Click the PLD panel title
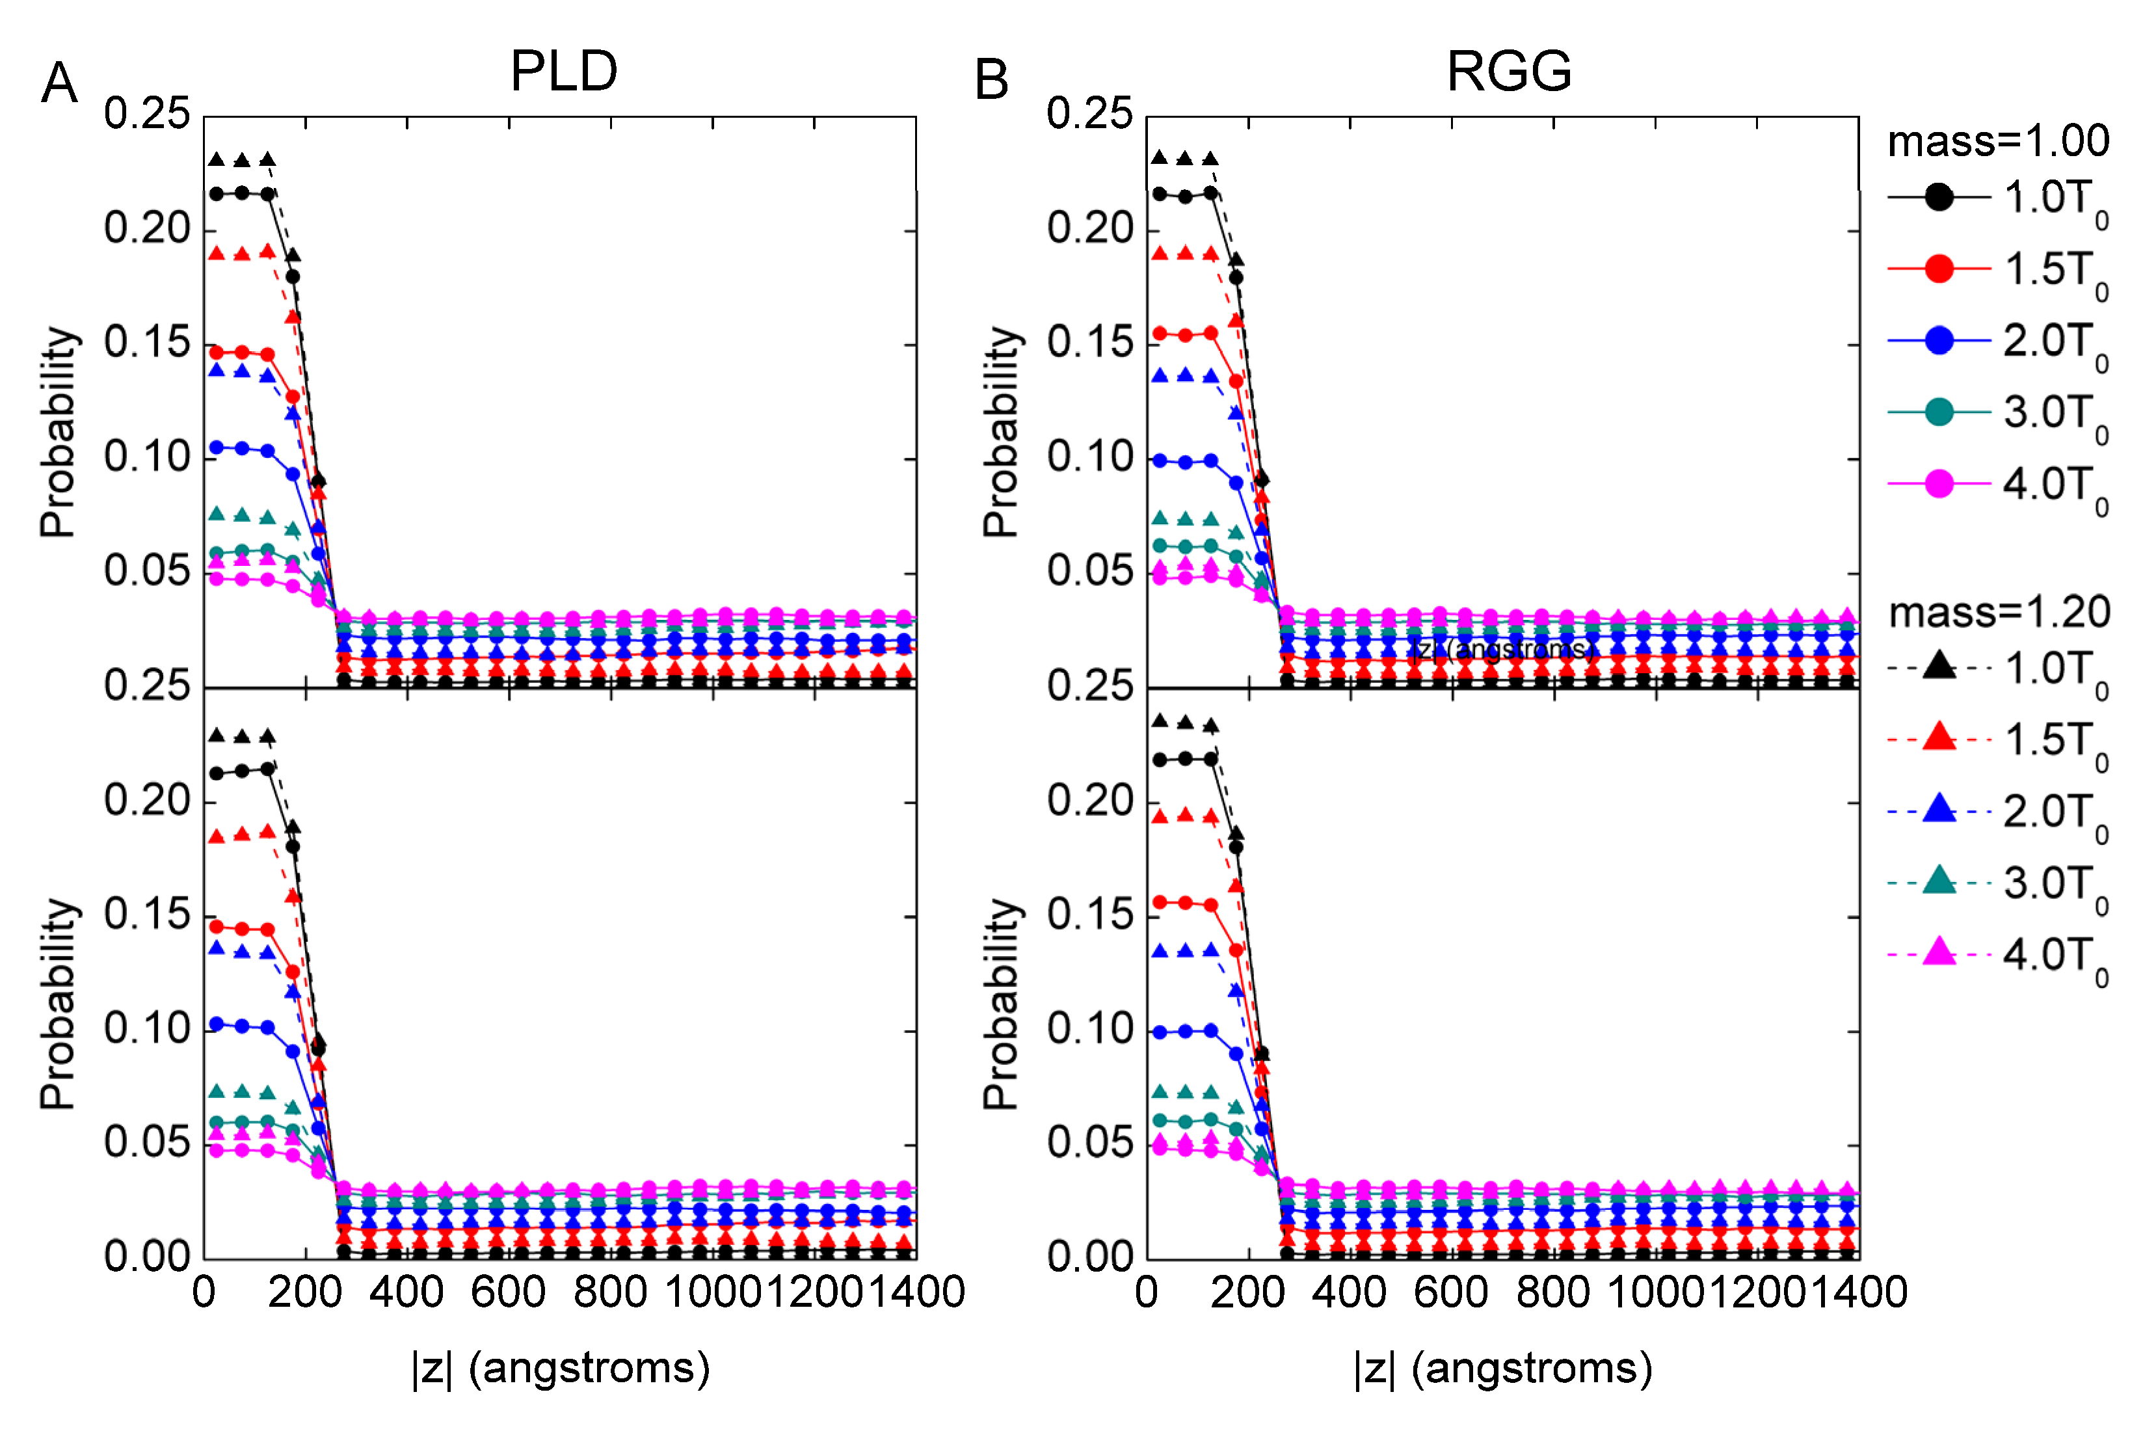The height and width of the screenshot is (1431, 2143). (564, 71)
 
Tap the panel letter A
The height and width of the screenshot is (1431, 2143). (59, 83)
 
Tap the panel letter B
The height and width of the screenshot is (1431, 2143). (992, 80)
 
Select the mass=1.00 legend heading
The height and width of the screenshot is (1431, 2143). (1998, 141)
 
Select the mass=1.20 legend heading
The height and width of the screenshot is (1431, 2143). (1999, 612)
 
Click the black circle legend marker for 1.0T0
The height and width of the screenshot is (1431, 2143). (1939, 197)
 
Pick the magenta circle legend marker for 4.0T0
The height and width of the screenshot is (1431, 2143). (1939, 484)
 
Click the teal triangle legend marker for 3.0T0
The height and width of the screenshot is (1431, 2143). (1939, 881)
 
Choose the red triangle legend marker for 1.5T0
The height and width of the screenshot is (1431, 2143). (1939, 738)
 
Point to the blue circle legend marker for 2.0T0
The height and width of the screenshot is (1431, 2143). (1939, 340)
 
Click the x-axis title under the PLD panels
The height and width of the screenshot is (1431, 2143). (560, 1368)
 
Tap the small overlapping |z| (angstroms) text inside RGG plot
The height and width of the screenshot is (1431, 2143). (1502, 649)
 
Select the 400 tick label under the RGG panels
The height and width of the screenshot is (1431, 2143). (1350, 1292)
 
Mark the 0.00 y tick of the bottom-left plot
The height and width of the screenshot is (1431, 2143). (146, 1257)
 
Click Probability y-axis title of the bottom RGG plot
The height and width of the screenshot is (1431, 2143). (1001, 1004)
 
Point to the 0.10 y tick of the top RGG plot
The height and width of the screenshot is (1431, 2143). (1089, 457)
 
